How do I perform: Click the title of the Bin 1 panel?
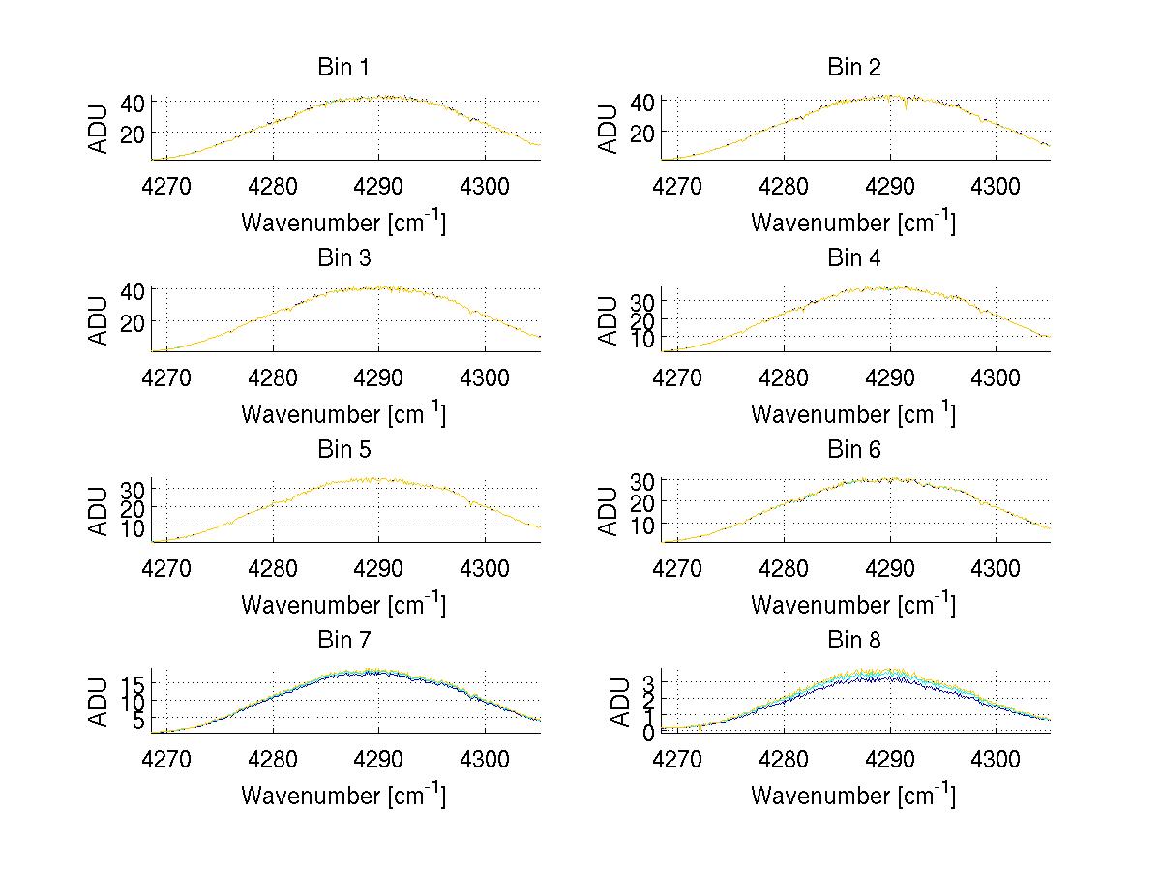(342, 67)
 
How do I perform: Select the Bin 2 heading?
(853, 67)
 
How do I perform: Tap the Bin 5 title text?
(342, 449)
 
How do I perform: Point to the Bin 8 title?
(853, 640)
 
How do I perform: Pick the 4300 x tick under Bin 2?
(995, 185)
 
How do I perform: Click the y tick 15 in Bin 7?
(133, 683)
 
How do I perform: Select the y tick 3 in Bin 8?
(648, 683)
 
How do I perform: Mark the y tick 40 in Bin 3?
(133, 289)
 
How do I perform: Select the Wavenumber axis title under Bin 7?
(342, 795)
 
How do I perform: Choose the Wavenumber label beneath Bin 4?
(853, 413)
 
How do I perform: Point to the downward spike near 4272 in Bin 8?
(700, 730)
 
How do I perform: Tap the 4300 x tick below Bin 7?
(485, 758)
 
